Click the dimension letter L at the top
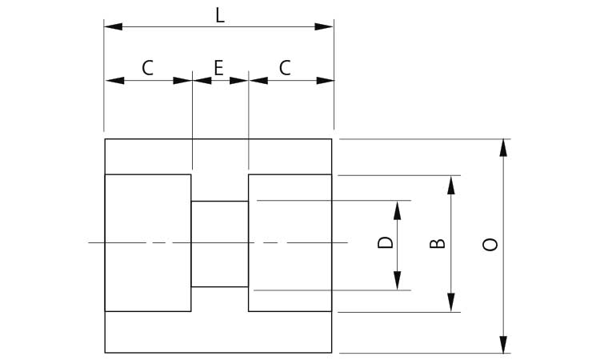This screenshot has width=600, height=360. pos(219,15)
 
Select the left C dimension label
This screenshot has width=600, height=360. pos(147,68)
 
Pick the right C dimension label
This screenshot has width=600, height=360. pos(285,68)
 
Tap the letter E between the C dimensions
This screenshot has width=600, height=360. pos(218,68)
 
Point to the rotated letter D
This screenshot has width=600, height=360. pos(386,242)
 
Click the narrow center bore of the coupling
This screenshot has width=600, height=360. pos(219,243)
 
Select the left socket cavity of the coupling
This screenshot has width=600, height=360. pos(148,242)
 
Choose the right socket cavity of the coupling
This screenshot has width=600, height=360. pos(290,242)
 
